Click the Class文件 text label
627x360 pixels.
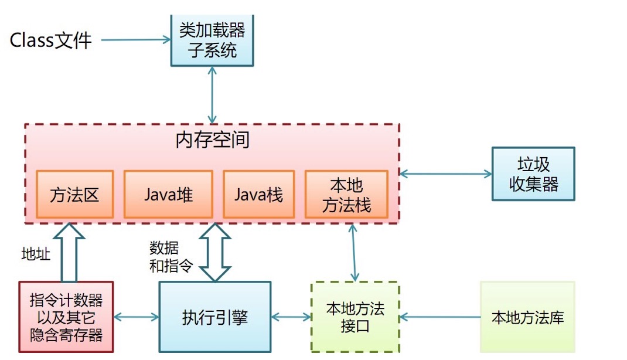pos(51,40)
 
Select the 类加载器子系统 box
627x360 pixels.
pos(212,40)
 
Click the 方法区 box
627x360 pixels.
pos(74,195)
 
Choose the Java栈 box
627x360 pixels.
pos(258,195)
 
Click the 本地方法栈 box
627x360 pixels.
pos(346,195)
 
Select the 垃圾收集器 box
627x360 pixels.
pos(533,174)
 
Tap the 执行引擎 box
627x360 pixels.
pos(214,317)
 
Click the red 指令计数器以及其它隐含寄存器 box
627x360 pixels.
pos(66,317)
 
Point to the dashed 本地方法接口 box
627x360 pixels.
pos(355,317)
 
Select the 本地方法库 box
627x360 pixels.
pos(527,317)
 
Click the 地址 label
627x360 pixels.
pos(36,254)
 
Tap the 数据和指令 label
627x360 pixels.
pos(171,257)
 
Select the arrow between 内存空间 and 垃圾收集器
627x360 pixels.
pos(445,174)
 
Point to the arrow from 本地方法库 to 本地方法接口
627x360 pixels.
pos(439,317)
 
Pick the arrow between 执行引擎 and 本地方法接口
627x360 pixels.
pos(291,317)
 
